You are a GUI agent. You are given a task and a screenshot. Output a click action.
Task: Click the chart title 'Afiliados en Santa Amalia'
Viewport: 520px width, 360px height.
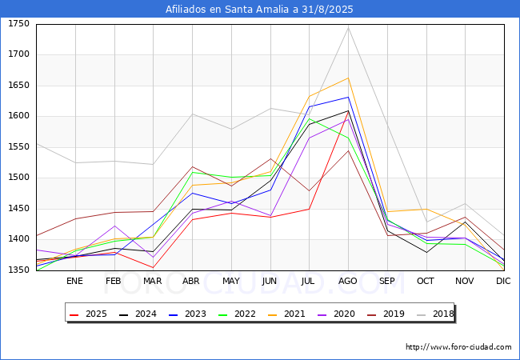point(259,10)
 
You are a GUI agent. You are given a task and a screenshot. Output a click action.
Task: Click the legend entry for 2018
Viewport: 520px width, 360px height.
point(435,314)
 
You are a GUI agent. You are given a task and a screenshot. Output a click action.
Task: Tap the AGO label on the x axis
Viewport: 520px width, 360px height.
point(348,282)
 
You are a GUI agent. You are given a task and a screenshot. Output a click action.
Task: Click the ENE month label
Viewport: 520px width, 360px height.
point(74,282)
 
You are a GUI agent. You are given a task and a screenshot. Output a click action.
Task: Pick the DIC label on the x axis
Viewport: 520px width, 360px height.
point(503,282)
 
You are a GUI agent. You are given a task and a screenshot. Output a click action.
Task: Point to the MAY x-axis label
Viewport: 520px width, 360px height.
point(230,282)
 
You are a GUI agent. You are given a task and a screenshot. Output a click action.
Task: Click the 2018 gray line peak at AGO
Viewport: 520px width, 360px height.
point(348,28)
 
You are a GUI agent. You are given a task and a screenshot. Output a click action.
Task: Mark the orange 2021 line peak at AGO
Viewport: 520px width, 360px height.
point(348,78)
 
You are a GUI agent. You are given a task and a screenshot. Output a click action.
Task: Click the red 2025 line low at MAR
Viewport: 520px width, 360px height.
point(153,267)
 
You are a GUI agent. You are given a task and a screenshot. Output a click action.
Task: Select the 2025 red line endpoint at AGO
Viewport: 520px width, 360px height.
point(348,114)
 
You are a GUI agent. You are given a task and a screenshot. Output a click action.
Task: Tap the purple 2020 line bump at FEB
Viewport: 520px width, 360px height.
point(114,226)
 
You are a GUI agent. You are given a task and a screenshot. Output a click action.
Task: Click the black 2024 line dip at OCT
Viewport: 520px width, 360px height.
point(426,252)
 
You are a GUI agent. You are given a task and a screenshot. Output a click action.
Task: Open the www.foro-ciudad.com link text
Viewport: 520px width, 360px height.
point(458,347)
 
